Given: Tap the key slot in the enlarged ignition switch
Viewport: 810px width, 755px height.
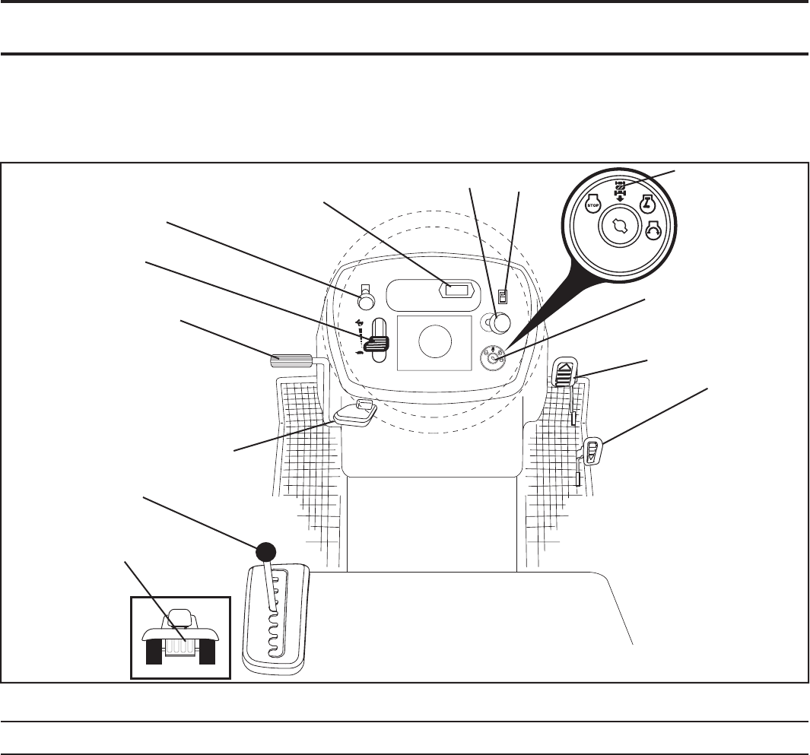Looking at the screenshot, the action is click(621, 227).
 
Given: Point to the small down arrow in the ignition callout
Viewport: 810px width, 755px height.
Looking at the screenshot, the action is click(622, 200).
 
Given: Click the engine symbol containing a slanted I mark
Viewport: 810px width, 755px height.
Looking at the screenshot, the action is click(646, 204).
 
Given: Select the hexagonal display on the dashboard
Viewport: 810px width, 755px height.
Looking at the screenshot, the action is click(458, 290).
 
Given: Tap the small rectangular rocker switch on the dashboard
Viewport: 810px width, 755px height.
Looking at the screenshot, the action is click(502, 296).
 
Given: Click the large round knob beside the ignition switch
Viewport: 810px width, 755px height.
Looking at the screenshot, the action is click(499, 323).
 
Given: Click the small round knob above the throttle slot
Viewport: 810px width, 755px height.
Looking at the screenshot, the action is click(366, 302).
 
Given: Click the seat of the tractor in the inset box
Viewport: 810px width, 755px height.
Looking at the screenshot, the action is click(179, 617).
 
